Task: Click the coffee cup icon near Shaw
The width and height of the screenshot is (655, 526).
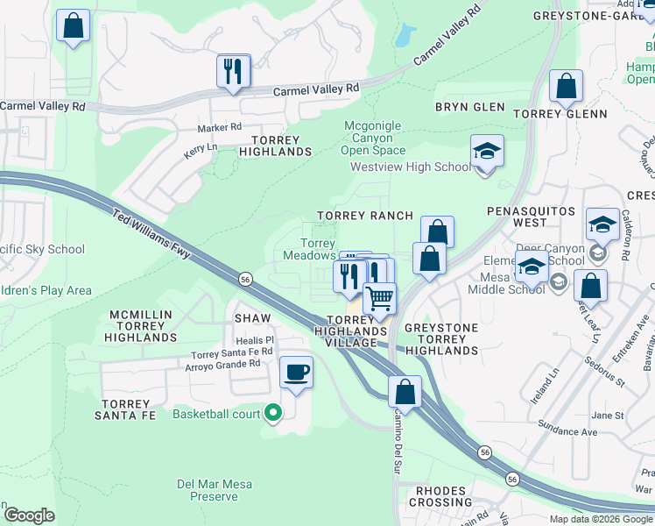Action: (x=296, y=372)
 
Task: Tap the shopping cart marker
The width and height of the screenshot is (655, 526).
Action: (x=380, y=299)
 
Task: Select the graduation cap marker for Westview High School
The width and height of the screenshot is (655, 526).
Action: (x=487, y=152)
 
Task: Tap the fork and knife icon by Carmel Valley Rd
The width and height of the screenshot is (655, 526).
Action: (x=233, y=71)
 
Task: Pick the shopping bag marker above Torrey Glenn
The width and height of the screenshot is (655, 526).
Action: (x=567, y=86)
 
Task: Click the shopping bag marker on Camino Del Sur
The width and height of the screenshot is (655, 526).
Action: (x=405, y=391)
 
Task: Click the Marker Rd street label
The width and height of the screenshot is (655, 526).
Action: (x=219, y=127)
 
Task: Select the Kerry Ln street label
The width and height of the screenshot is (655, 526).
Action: (x=200, y=151)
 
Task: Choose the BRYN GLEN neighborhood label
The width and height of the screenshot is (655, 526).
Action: (x=470, y=107)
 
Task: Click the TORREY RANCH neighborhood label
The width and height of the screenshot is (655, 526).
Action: (x=365, y=216)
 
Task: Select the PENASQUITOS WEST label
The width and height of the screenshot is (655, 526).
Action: (x=531, y=212)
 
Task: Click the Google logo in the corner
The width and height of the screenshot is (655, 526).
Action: (x=29, y=515)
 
